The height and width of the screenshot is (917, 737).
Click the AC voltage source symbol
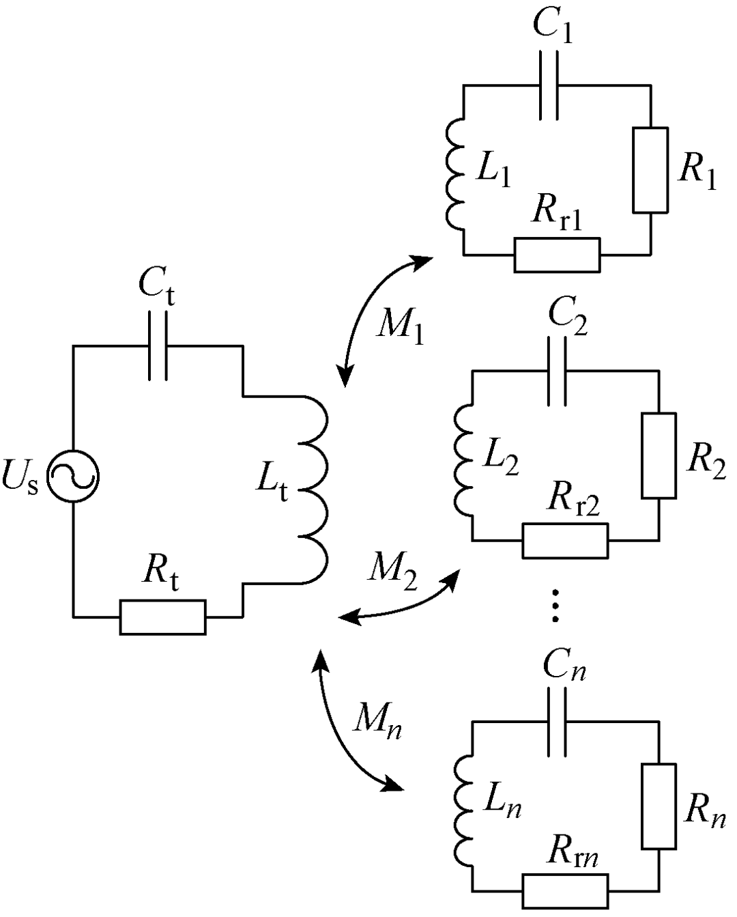pyautogui.click(x=73, y=477)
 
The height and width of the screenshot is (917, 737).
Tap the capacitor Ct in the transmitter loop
pyautogui.click(x=158, y=345)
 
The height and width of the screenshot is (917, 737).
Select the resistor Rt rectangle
pyautogui.click(x=162, y=617)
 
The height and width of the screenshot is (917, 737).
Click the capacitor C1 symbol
pyautogui.click(x=549, y=85)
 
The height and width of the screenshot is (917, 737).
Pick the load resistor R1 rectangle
pyautogui.click(x=650, y=169)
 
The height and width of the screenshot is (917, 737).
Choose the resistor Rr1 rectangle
pyautogui.click(x=558, y=255)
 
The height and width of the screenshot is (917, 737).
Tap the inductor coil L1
pyautogui.click(x=455, y=175)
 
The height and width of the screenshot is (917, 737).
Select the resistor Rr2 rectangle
pyautogui.click(x=566, y=541)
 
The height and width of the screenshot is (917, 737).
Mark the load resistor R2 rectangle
pyautogui.click(x=659, y=455)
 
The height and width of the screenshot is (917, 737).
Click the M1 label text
pyautogui.click(x=400, y=327)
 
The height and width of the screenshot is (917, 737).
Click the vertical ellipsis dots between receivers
pyautogui.click(x=555, y=606)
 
